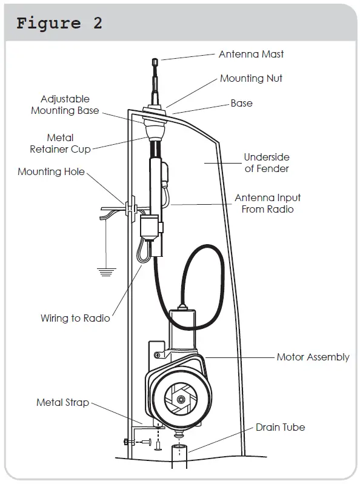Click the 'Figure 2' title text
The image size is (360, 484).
[59, 24]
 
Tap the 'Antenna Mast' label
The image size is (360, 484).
[251, 54]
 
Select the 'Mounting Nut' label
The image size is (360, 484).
[251, 78]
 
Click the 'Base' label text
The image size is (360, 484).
[241, 103]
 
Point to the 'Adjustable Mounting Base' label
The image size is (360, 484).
[65, 105]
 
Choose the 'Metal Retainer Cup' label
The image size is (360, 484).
[60, 144]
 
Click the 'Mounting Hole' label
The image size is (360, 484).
[51, 171]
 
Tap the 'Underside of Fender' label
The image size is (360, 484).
[267, 163]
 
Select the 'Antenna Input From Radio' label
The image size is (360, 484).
[267, 203]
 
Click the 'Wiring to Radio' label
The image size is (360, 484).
[75, 317]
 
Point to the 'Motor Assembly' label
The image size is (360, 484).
[313, 357]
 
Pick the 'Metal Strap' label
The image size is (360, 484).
[62, 402]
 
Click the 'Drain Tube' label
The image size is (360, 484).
[280, 427]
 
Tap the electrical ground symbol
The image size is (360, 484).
[107, 271]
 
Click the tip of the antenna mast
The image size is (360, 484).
[155, 61]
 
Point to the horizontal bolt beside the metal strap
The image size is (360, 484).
[136, 442]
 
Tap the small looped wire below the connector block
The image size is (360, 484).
[143, 251]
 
